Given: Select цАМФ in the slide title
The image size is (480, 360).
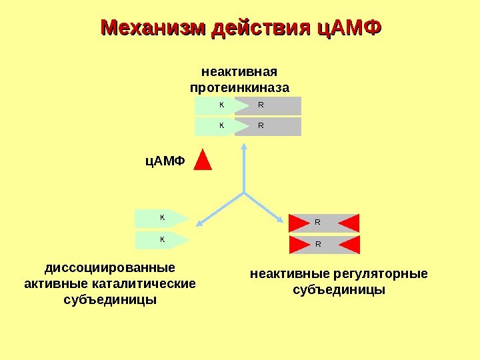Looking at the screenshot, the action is click(x=348, y=29).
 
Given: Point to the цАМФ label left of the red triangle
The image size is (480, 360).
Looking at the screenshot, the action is click(x=165, y=161).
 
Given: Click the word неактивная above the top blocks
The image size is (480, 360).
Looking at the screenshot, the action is click(x=239, y=71).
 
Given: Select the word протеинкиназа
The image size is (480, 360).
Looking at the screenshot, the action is click(x=239, y=87).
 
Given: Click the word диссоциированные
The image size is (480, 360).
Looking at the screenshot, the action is click(x=110, y=268).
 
